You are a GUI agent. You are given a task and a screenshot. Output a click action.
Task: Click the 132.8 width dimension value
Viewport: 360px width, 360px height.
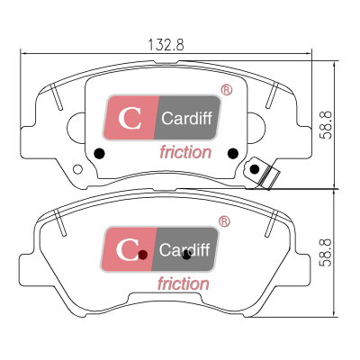[x=166, y=45]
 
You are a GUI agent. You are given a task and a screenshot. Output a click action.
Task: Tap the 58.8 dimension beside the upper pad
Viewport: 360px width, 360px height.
[x=326, y=125]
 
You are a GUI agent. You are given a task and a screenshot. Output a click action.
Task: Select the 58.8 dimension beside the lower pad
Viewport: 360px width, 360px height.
[x=326, y=253]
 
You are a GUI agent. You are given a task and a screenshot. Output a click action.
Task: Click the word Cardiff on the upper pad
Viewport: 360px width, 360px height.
[x=186, y=118]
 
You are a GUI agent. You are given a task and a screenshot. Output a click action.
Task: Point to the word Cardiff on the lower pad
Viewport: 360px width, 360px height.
[x=184, y=249]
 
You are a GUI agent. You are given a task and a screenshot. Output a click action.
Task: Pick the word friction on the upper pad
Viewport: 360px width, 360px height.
[x=185, y=152]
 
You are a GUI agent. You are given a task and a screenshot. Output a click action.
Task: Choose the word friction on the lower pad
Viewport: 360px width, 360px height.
[x=184, y=283]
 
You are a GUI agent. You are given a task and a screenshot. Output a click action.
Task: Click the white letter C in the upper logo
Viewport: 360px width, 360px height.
[x=130, y=118]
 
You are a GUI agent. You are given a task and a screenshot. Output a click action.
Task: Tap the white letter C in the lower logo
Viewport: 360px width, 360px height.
[x=127, y=249]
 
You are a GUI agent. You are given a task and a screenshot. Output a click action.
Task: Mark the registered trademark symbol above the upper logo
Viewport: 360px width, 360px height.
[x=227, y=90]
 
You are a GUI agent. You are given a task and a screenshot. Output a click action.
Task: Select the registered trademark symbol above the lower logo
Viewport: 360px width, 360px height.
[x=224, y=221]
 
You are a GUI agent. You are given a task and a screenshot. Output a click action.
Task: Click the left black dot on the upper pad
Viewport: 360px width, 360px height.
[x=99, y=154]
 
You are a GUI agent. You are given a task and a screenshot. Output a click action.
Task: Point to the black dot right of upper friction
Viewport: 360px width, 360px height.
[x=233, y=154]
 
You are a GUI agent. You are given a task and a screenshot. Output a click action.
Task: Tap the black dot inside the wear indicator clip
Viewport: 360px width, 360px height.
[x=255, y=169]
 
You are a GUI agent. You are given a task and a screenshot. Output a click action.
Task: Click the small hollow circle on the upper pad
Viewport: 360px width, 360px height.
[x=77, y=169]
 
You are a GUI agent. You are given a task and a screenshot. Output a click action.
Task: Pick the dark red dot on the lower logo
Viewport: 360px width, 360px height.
[x=143, y=255]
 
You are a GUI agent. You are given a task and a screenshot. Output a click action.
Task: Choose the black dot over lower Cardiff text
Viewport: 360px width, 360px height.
[x=186, y=256]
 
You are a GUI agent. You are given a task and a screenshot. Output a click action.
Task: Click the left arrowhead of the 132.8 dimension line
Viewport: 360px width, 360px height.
[x=23, y=54]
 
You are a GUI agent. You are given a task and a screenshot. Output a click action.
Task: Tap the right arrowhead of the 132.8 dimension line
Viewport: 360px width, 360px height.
[x=309, y=54]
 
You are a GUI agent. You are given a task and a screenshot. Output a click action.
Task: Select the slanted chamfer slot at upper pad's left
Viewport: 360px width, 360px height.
[x=57, y=97]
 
